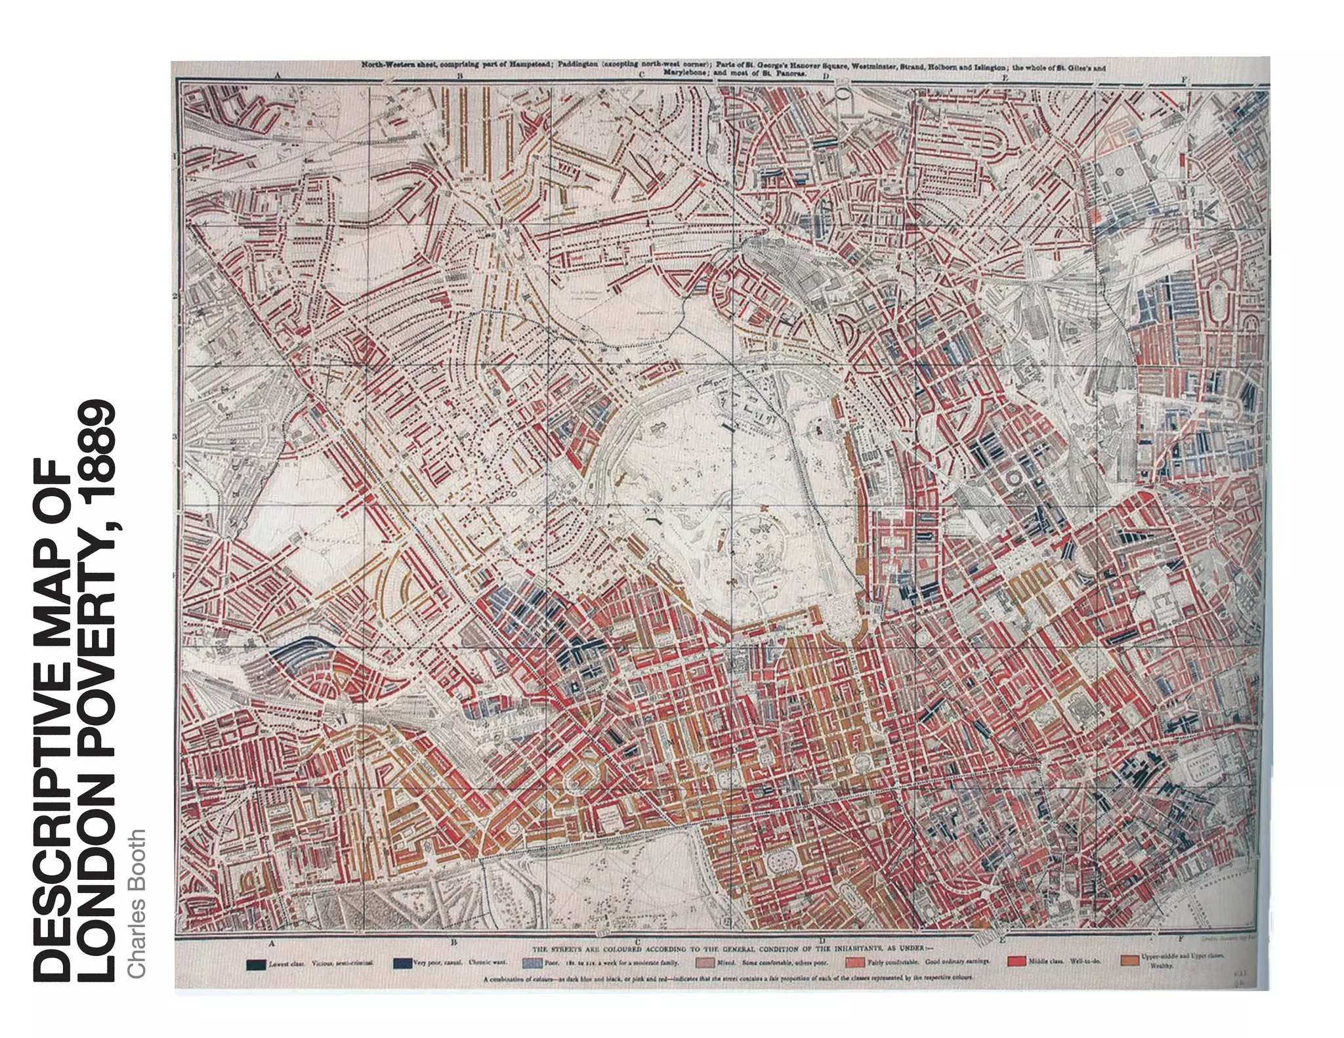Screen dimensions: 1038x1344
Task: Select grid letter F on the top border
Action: tap(1184, 79)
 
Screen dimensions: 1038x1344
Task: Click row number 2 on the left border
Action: tap(175, 296)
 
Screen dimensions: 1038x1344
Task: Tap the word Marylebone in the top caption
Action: tap(682, 73)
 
